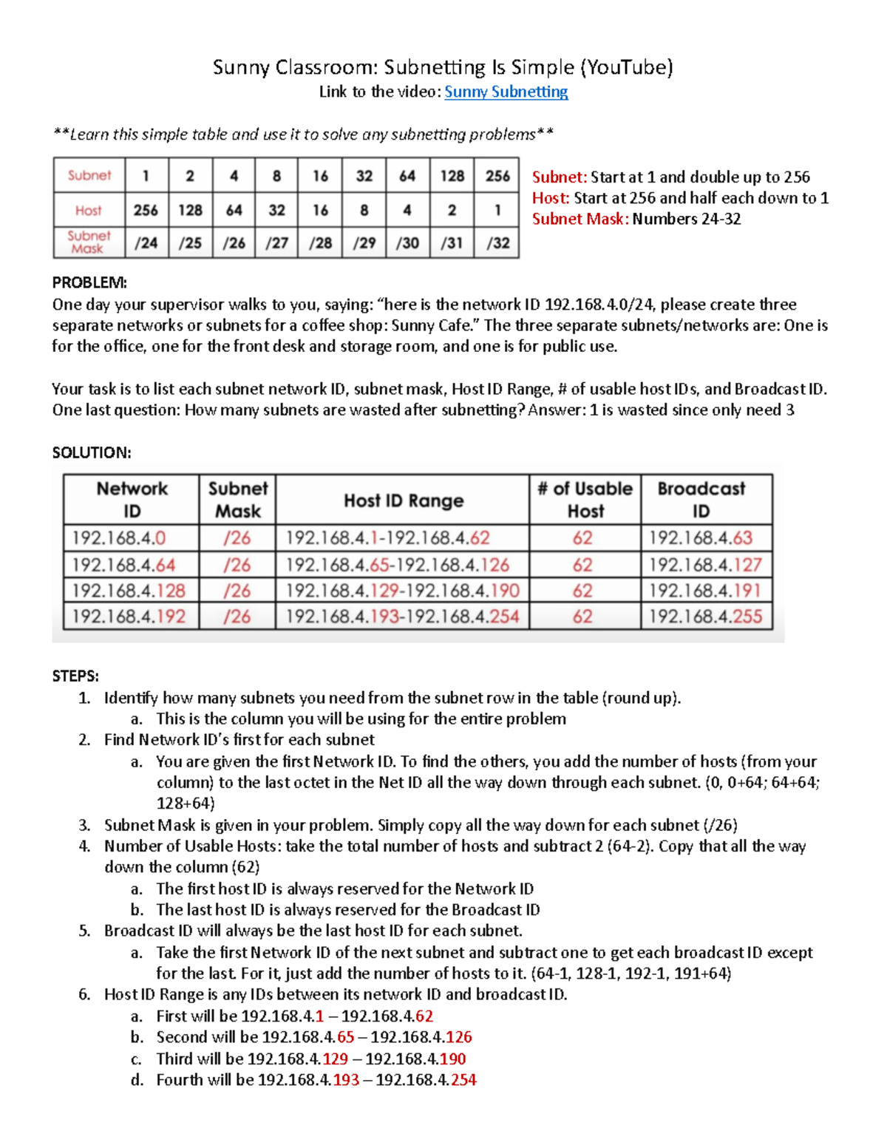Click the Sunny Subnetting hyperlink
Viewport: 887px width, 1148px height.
pos(506,92)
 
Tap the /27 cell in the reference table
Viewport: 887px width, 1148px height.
pos(276,242)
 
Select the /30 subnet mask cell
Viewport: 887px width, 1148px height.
pos(407,242)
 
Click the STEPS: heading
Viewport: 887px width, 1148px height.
pos(75,676)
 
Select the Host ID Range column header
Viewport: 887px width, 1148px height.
pos(404,500)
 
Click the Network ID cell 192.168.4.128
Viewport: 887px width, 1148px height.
pos(129,591)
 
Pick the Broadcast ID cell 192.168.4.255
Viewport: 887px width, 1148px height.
pos(705,617)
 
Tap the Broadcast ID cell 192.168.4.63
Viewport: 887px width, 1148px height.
pos(700,537)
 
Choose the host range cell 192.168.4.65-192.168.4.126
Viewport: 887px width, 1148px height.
pos(397,565)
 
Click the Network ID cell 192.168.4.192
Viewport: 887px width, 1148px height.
pos(129,617)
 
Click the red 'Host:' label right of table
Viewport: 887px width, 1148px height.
pos(551,198)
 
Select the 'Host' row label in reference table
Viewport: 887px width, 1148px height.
pos(89,211)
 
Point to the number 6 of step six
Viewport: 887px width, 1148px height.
pos(84,994)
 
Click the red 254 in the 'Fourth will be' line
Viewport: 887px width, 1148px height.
pos(463,1080)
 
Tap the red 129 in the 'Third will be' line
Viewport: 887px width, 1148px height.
pos(336,1059)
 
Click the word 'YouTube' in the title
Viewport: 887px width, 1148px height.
pos(626,67)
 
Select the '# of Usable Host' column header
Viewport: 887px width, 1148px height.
pos(585,500)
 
